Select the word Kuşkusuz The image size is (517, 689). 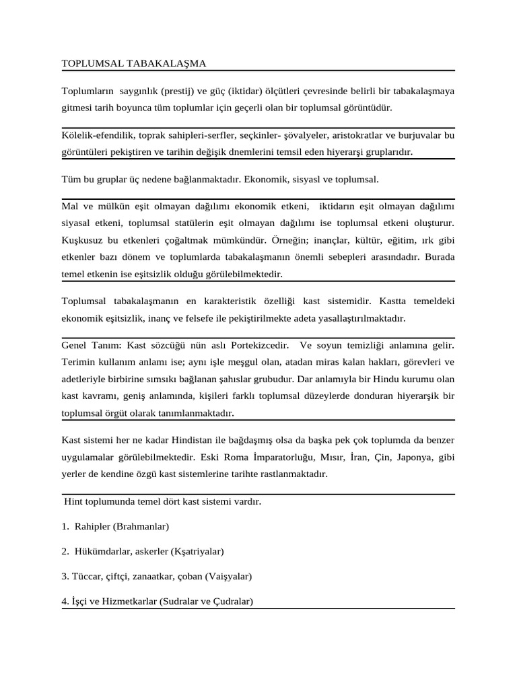[x=82, y=239]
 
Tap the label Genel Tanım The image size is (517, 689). [x=91, y=345]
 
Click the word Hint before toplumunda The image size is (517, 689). [x=75, y=501]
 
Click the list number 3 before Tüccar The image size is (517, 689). [x=65, y=577]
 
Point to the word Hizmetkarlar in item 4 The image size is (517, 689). [x=130, y=602]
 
